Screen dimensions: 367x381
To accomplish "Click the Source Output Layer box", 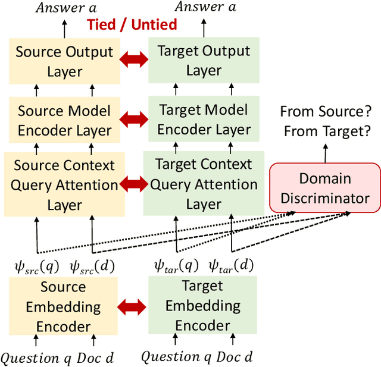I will coord(64,61).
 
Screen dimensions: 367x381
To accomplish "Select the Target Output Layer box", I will coord(204,61).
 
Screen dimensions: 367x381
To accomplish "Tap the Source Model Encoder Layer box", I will coord(64,121).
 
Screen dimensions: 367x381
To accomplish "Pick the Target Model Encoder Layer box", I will coord(204,120).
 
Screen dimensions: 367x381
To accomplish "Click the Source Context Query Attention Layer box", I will coord(64,184).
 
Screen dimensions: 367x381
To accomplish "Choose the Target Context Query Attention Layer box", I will coord(204,184).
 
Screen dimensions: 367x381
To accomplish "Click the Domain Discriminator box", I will coord(325,188).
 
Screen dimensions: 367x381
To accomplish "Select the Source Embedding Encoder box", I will coord(64,307).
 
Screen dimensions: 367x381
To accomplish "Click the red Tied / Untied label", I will coord(132,24).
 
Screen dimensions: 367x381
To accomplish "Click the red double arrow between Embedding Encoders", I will coord(133,307).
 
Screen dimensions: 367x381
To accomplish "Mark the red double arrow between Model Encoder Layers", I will coord(133,119).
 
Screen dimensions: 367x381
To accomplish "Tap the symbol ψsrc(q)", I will coord(37,266).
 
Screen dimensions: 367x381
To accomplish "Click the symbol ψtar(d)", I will coord(231,265).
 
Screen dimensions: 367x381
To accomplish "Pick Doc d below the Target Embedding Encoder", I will coord(234,357).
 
